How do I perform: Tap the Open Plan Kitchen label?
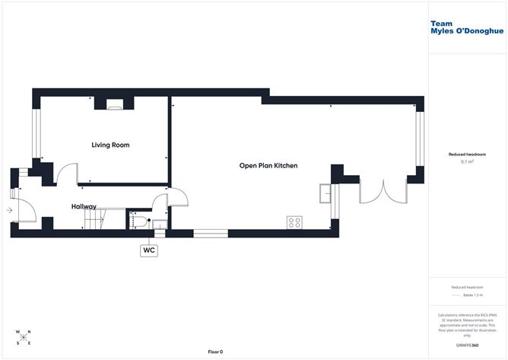268,165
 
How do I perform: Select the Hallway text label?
84,206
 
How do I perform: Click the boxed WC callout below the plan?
148,250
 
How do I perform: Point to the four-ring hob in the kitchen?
294,222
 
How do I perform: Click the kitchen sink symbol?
326,193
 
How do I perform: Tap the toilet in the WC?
141,221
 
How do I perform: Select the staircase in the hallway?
95,220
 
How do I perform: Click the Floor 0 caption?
216,352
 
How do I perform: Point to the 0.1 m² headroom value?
467,161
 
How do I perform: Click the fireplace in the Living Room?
115,106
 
